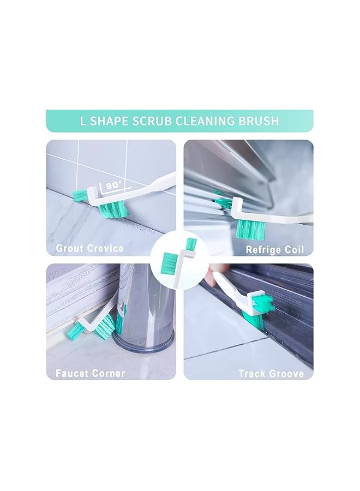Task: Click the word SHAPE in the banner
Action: pos(108,121)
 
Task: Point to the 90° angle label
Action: pos(113,185)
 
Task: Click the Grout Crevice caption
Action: pos(89,249)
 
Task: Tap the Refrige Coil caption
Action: pos(274,250)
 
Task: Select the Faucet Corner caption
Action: pos(90,374)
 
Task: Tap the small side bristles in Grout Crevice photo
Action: pos(80,194)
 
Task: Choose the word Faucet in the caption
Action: pos(74,374)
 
